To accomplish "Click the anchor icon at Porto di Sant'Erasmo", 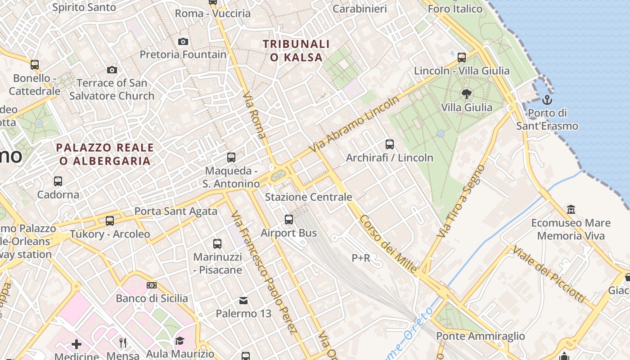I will tap(547, 99).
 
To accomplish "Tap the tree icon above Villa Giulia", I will tap(467, 94).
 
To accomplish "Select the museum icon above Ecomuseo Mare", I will tap(571, 209).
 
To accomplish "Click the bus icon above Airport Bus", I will tap(289, 220).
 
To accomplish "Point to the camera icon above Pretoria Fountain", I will tap(183, 41).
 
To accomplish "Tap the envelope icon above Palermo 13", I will tap(243, 300).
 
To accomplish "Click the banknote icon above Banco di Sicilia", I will tap(152, 285).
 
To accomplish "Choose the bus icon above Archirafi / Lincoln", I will tap(390, 144).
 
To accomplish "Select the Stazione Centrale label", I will tap(308, 197).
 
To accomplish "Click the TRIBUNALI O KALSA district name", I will tap(297, 50).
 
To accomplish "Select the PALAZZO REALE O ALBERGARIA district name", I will tap(105, 154).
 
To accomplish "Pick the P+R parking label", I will tap(361, 258).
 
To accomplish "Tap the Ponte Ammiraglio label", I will tap(481, 336).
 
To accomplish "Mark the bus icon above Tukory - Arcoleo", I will tap(110, 221).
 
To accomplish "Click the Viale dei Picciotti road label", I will tap(549, 274).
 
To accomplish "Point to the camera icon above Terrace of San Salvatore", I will tap(112, 70).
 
